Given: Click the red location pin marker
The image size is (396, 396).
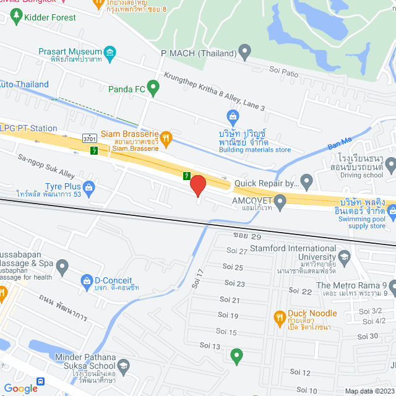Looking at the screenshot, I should [x=197, y=186].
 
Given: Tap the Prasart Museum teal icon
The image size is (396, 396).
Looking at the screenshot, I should [x=111, y=51].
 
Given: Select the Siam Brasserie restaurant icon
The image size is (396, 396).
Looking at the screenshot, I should [x=165, y=137].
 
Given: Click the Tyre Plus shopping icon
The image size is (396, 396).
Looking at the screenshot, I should [x=90, y=186].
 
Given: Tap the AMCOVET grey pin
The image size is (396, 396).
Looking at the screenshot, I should [x=280, y=200].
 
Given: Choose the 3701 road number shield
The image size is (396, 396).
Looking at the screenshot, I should [x=90, y=139].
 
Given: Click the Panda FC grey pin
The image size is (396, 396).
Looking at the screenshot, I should [x=154, y=89].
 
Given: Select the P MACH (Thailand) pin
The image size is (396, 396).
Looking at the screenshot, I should [x=245, y=51].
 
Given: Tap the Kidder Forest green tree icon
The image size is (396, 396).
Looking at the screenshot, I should [x=14, y=18].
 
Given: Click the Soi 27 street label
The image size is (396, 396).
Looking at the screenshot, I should [x=238, y=251].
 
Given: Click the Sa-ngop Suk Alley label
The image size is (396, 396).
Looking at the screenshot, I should [x=46, y=167].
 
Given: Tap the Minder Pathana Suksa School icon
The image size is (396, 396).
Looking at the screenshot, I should [x=124, y=368].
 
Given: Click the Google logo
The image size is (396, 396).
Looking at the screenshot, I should [x=20, y=388].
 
